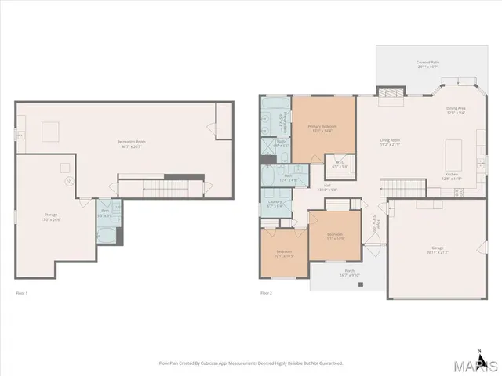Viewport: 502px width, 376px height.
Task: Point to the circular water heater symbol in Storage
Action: pos(69,181)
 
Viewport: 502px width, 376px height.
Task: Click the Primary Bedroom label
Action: pos(323,128)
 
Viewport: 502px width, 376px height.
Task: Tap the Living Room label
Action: pos(390,143)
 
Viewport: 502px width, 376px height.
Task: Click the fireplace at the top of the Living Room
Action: pos(390,92)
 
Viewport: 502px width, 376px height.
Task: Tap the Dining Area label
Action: pos(457,110)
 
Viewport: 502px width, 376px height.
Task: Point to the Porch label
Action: pos(349,273)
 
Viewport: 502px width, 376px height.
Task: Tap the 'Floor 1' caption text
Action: pos(22,293)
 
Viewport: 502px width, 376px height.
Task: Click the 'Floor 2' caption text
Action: pos(266,293)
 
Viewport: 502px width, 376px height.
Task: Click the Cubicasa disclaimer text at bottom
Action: pos(250,363)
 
